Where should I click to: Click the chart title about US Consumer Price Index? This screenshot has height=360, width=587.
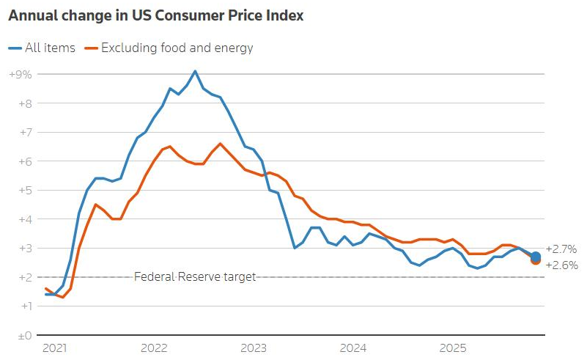155,15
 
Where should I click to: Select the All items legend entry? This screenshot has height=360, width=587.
43,48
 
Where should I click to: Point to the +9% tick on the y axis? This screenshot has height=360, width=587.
20,74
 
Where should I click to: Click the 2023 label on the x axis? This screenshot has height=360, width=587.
252,348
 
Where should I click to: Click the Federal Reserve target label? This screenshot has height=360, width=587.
195,277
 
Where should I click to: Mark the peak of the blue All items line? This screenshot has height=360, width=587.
194,71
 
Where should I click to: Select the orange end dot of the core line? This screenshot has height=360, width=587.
536,260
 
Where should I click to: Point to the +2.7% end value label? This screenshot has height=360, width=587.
561,249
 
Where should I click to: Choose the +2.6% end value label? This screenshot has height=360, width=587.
561,265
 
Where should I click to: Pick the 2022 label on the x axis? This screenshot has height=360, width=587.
154,348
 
